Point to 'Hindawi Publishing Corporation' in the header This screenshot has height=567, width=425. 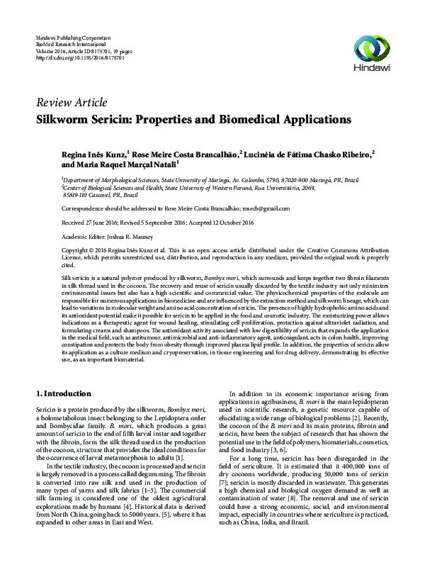click(74, 36)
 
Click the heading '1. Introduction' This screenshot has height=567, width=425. click(63, 393)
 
